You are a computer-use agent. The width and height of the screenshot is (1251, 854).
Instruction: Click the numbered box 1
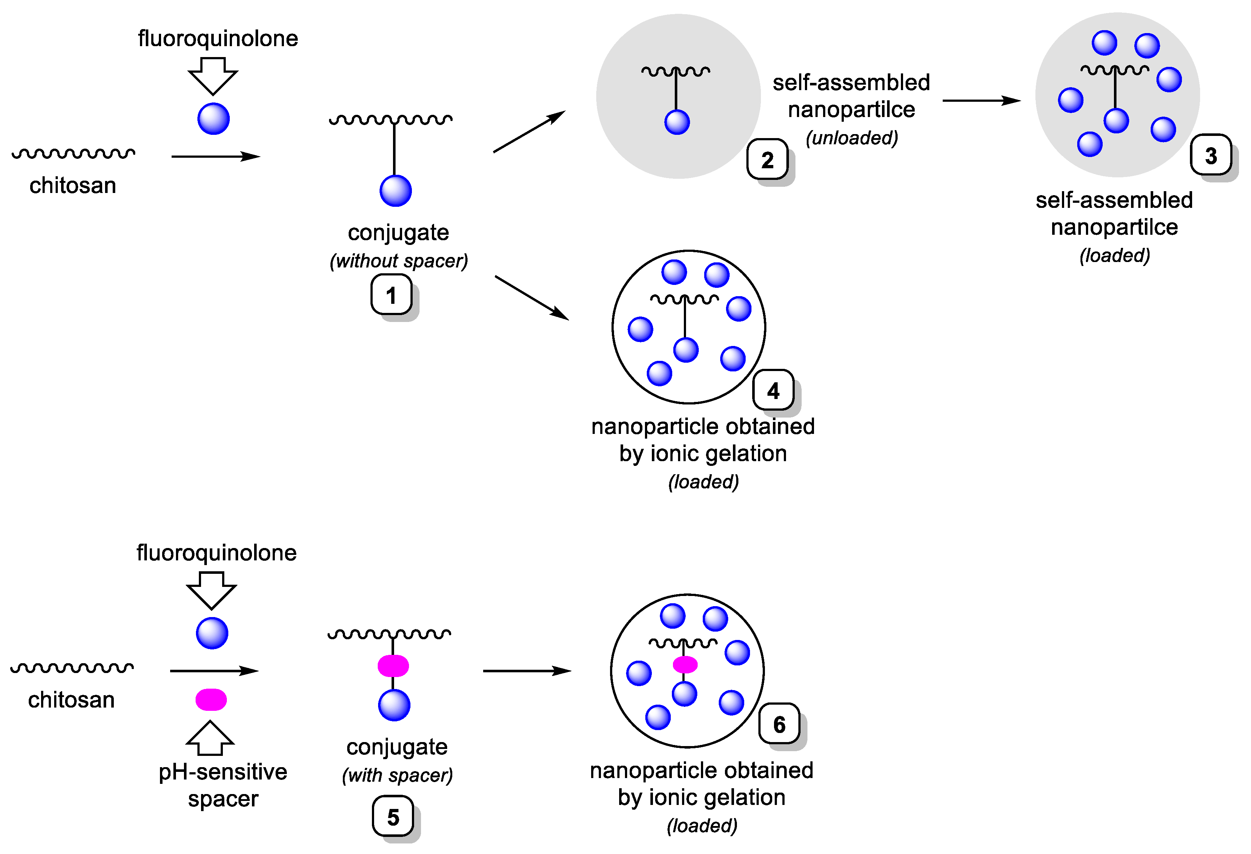click(x=391, y=294)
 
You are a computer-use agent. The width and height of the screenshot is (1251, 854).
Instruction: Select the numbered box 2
click(x=767, y=159)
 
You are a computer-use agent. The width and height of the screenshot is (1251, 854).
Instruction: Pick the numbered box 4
click(x=773, y=390)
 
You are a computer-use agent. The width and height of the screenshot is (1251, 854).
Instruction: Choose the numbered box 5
click(x=393, y=816)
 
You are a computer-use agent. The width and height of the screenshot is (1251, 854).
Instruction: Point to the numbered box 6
click(x=779, y=724)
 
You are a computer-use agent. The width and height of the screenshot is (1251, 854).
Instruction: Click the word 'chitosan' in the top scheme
click(x=73, y=185)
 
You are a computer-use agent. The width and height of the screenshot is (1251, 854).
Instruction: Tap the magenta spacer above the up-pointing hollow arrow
click(x=211, y=700)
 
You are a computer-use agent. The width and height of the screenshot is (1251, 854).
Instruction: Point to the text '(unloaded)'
click(x=851, y=138)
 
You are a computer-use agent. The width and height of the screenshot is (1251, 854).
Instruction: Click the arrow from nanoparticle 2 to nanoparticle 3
click(x=981, y=101)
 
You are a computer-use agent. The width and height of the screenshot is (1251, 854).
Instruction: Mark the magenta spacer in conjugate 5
click(x=393, y=666)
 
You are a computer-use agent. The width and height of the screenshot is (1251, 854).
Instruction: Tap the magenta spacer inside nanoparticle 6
click(x=685, y=665)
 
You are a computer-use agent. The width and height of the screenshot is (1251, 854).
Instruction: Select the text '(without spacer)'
click(x=398, y=261)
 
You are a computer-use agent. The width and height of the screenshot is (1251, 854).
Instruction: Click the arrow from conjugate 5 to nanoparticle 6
click(x=526, y=671)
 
